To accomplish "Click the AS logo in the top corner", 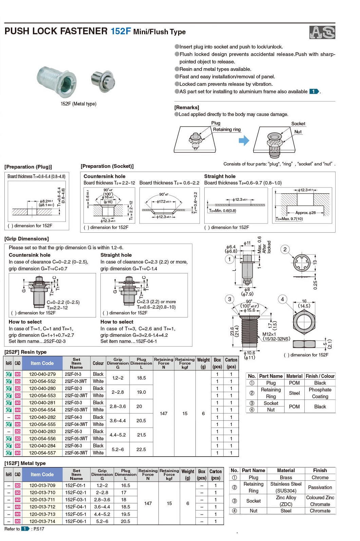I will [322, 33].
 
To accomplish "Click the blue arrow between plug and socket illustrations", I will [244, 140].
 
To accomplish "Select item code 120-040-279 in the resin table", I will [42, 374].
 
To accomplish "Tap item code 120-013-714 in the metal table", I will [42, 521].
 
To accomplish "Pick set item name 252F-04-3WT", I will [76, 424].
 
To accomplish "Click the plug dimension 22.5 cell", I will [141, 449].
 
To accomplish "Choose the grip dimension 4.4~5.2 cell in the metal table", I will [102, 514].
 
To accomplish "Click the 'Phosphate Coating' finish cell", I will [320, 393].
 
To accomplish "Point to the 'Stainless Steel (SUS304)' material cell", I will [286, 487].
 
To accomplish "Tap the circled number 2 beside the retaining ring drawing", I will [285, 249].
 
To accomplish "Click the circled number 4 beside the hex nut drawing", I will [282, 299].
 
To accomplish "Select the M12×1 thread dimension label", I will [269, 334].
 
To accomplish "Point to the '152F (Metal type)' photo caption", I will [78, 104].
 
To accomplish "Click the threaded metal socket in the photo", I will [57, 80].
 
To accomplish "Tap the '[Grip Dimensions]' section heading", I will [26, 239].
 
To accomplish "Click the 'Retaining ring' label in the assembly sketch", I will [227, 130].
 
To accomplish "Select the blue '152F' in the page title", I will [120, 31].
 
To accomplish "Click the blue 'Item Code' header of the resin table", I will [42, 363].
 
